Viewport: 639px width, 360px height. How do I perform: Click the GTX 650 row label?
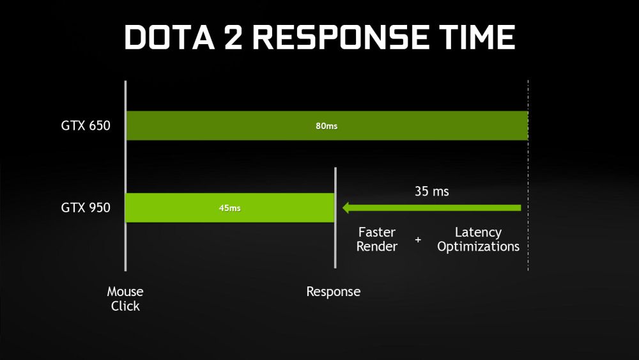tap(86, 125)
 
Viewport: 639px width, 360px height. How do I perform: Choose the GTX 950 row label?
tap(86, 207)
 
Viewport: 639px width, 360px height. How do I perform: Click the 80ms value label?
tap(327, 126)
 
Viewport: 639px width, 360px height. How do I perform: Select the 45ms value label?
tap(230, 208)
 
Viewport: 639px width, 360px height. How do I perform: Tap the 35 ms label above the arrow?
tap(432, 191)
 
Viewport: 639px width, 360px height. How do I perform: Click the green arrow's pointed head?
tap(346, 207)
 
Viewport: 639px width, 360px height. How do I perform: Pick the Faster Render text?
tap(377, 239)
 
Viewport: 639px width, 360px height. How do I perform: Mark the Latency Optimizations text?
tap(478, 239)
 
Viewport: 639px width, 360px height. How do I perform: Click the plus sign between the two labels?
tap(418, 240)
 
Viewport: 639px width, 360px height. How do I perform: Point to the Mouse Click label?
tap(125, 299)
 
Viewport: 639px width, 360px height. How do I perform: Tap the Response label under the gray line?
tap(334, 292)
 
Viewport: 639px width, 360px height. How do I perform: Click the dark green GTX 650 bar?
tap(415, 125)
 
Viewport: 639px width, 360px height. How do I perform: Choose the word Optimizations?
tap(478, 247)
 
